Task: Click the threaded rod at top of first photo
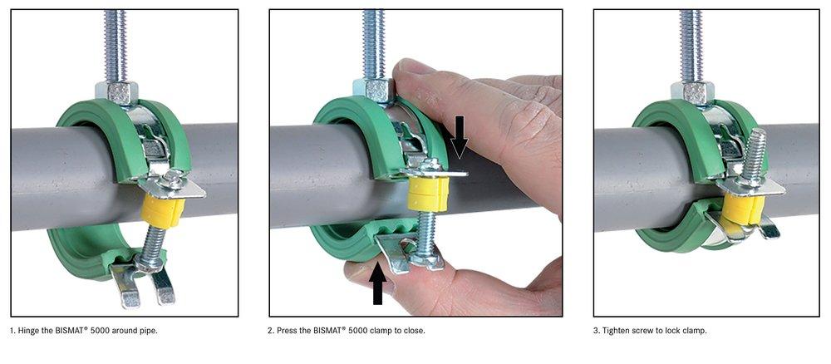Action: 114,42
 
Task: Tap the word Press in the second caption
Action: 285,331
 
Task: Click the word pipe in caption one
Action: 146,331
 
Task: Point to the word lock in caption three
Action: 676,331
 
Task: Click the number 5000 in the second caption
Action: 358,331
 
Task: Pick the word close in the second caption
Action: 413,331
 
